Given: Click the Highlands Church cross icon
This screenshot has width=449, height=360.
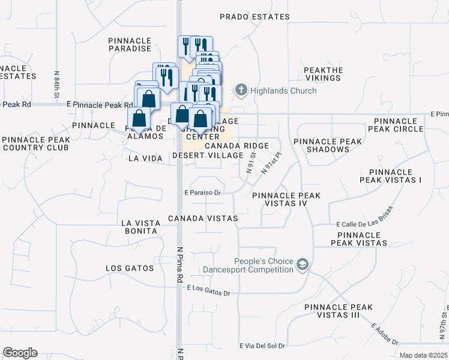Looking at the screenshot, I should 241,91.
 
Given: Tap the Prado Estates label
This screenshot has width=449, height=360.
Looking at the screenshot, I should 255,17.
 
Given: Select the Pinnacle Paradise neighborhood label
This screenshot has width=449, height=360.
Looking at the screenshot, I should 130,44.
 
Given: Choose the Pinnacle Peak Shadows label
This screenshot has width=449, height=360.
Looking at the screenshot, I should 328,145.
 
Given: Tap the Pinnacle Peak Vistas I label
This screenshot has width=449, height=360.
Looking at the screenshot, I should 391,176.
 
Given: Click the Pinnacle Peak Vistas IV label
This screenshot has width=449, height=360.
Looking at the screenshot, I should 286,200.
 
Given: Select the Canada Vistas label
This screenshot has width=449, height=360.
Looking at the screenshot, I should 203,218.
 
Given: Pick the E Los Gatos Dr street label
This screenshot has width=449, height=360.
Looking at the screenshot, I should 209,289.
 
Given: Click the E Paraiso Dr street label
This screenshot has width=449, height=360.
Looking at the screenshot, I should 203,193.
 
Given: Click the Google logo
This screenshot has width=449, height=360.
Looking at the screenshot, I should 20,353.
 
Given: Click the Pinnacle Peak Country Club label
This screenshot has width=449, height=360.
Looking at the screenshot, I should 36,144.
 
